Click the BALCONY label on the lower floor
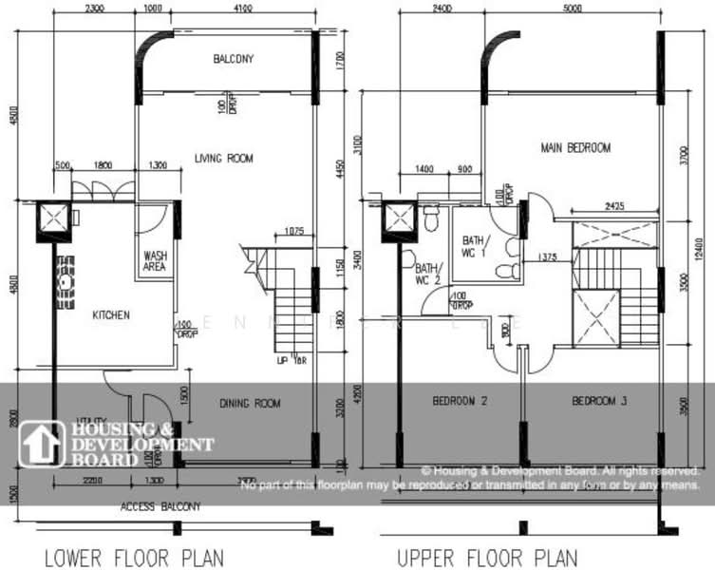tap(233, 59)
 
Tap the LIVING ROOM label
tap(224, 159)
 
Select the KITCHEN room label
tap(111, 315)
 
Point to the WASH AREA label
tap(156, 261)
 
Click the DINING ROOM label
tap(250, 404)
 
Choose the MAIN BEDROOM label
tap(575, 148)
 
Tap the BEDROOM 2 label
tap(460, 402)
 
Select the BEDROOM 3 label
tap(599, 402)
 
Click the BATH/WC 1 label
tap(474, 246)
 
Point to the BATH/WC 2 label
tap(427, 275)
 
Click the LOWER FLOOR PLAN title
tap(134, 557)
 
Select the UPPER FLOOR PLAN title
tap(486, 557)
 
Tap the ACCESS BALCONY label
tap(160, 507)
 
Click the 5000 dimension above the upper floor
tap(573, 9)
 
